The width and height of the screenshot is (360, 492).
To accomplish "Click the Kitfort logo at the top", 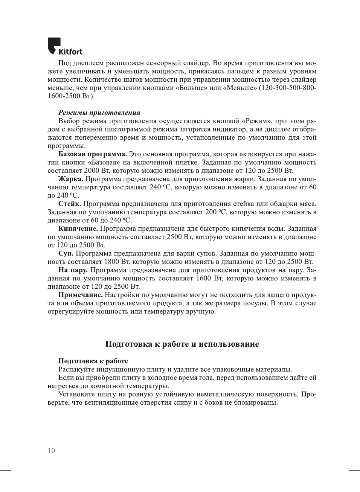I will click(x=65, y=47).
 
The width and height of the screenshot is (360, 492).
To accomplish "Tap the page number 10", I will click(x=51, y=451).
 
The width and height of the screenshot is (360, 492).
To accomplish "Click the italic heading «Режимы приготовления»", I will click(x=99, y=113).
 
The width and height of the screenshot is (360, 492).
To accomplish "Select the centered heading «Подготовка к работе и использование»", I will click(x=182, y=344).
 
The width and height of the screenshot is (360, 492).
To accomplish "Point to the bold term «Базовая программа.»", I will click(x=92, y=154).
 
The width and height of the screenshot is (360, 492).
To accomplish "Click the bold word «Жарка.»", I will click(x=70, y=179).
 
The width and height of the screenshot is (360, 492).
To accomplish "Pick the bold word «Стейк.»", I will click(x=69, y=204).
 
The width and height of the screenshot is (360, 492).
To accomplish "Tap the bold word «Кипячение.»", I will click(x=78, y=228).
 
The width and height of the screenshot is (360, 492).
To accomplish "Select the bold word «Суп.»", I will click(x=66, y=253).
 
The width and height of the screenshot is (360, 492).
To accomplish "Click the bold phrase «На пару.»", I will click(x=73, y=270).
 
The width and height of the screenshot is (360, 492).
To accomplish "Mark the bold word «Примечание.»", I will click(x=80, y=295).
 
